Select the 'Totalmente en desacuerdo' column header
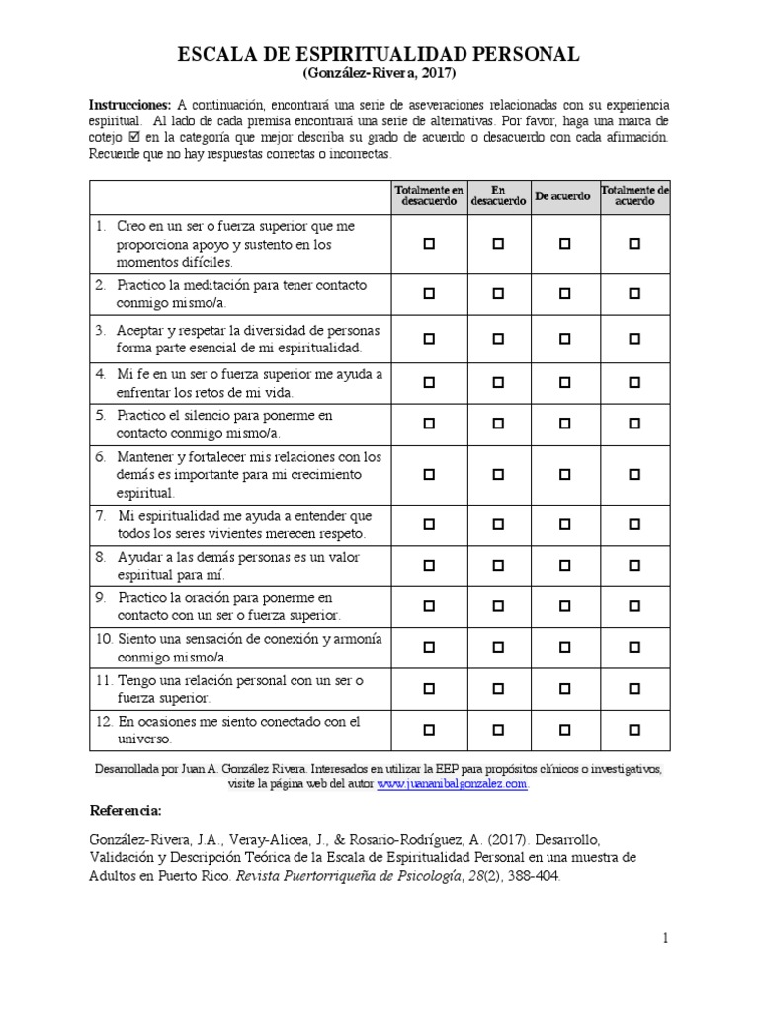point(429,194)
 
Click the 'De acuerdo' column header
point(563,195)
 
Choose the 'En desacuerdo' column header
point(498,194)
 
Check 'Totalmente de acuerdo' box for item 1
point(634,243)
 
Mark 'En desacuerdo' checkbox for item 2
point(498,293)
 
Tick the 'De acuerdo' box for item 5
point(564,424)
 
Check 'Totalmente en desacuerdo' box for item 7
point(429,524)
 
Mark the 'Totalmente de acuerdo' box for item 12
point(634,730)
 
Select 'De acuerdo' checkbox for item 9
point(564,606)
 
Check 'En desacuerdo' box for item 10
point(498,648)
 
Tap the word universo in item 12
point(145,738)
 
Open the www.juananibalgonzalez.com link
point(452,784)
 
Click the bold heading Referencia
point(126,811)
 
